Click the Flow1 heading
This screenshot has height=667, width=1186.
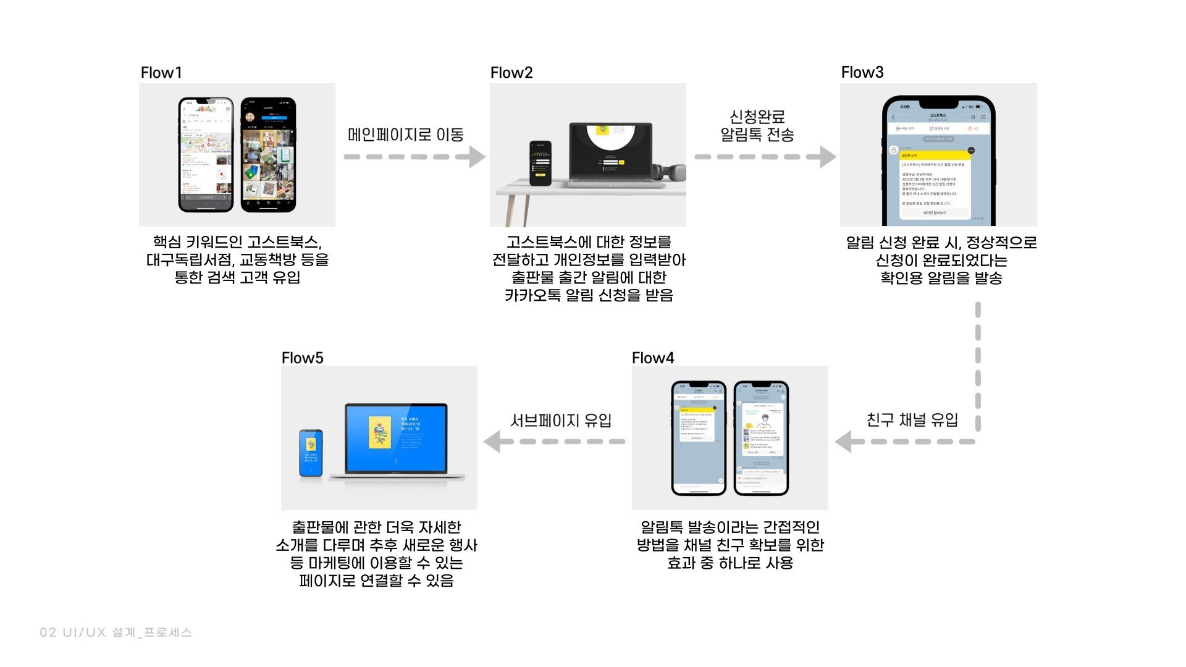click(x=161, y=72)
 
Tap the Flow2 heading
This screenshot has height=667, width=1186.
click(x=511, y=72)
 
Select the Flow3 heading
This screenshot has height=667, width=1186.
click(x=862, y=72)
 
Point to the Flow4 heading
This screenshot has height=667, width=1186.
click(x=652, y=358)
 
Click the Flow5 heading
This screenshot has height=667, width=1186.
click(x=302, y=358)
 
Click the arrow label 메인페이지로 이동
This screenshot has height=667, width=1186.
click(x=405, y=135)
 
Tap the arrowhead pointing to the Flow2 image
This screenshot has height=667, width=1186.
click(x=476, y=157)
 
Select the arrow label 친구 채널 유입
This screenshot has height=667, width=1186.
click(x=912, y=420)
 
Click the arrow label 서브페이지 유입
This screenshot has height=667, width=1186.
click(x=560, y=420)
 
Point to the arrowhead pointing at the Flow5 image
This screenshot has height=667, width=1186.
click(x=493, y=442)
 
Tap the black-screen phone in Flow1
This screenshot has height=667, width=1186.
click(x=268, y=154)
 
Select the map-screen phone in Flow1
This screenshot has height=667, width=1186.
click(x=206, y=154)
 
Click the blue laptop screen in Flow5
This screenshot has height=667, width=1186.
click(x=395, y=438)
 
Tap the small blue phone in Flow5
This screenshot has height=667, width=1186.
click(x=311, y=453)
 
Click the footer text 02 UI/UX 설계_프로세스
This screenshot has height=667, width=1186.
click(x=116, y=632)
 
